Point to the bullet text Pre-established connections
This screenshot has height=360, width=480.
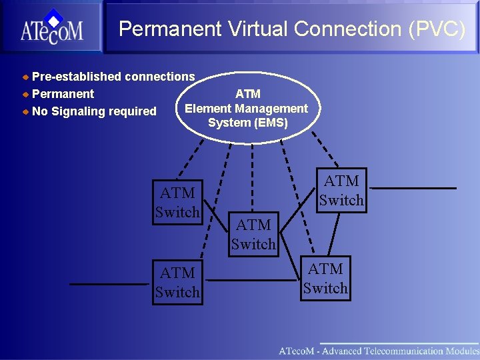[x=113, y=77]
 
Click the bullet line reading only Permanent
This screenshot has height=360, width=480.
[x=63, y=94]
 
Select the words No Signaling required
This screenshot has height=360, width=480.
[x=94, y=111]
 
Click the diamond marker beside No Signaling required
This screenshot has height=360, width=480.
[x=26, y=111]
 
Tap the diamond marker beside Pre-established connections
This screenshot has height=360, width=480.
[x=26, y=77]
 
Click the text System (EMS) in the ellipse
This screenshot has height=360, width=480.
[x=247, y=123]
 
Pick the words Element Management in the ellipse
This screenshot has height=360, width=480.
[x=246, y=109]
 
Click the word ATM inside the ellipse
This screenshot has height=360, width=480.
[x=247, y=94]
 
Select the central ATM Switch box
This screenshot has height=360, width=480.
[x=253, y=235]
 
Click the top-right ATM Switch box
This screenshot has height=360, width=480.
[x=341, y=190]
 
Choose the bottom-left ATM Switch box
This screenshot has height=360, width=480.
[x=177, y=283]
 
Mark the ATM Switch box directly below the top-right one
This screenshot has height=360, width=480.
[x=325, y=279]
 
